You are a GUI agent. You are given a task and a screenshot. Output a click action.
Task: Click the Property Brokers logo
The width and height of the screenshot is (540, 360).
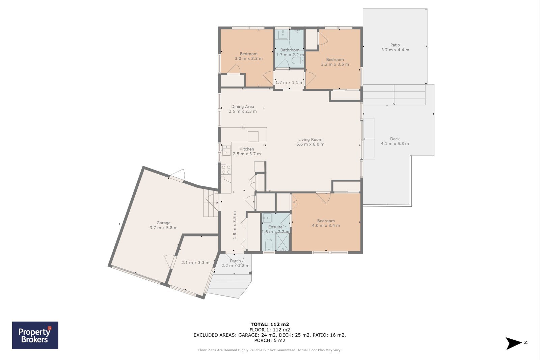[35, 335]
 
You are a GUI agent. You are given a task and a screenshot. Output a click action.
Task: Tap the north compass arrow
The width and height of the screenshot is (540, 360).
[513, 343]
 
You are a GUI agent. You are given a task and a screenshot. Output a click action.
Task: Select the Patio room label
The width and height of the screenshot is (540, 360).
[395, 45]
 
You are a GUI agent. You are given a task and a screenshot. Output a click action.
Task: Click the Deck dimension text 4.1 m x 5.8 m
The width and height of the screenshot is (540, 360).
[395, 144]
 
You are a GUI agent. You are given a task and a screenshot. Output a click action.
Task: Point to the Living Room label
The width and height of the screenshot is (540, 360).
[310, 139]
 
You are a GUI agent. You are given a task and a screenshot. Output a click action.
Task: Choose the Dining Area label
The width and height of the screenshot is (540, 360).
[243, 106]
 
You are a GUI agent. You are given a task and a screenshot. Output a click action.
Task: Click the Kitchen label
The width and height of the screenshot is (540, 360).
[247, 149]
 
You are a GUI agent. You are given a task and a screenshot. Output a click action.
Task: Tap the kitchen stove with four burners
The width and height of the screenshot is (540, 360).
[226, 170]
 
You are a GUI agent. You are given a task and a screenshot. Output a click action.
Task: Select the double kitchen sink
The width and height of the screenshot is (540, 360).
[226, 150]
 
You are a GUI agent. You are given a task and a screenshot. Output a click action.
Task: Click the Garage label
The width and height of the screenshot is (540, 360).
[163, 223]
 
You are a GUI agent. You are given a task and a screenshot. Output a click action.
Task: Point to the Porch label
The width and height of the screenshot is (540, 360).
[235, 261]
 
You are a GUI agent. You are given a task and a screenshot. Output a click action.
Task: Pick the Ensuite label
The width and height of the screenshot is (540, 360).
[275, 227]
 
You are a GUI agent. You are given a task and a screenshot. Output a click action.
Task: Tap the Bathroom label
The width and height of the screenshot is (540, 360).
[290, 50]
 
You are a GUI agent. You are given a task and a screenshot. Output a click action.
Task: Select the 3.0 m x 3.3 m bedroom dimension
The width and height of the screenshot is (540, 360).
[249, 58]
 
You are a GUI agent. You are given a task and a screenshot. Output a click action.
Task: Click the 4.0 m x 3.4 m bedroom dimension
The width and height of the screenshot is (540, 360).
[326, 225]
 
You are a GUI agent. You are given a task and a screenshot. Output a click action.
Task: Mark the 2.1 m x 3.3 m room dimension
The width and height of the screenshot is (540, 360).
[195, 262]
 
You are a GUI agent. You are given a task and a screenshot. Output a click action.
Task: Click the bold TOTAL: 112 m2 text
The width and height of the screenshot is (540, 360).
[270, 324]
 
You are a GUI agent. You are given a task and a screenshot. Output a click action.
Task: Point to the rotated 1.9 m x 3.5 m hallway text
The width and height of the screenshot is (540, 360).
[235, 225]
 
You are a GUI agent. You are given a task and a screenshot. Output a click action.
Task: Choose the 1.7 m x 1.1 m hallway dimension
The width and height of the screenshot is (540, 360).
[289, 82]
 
